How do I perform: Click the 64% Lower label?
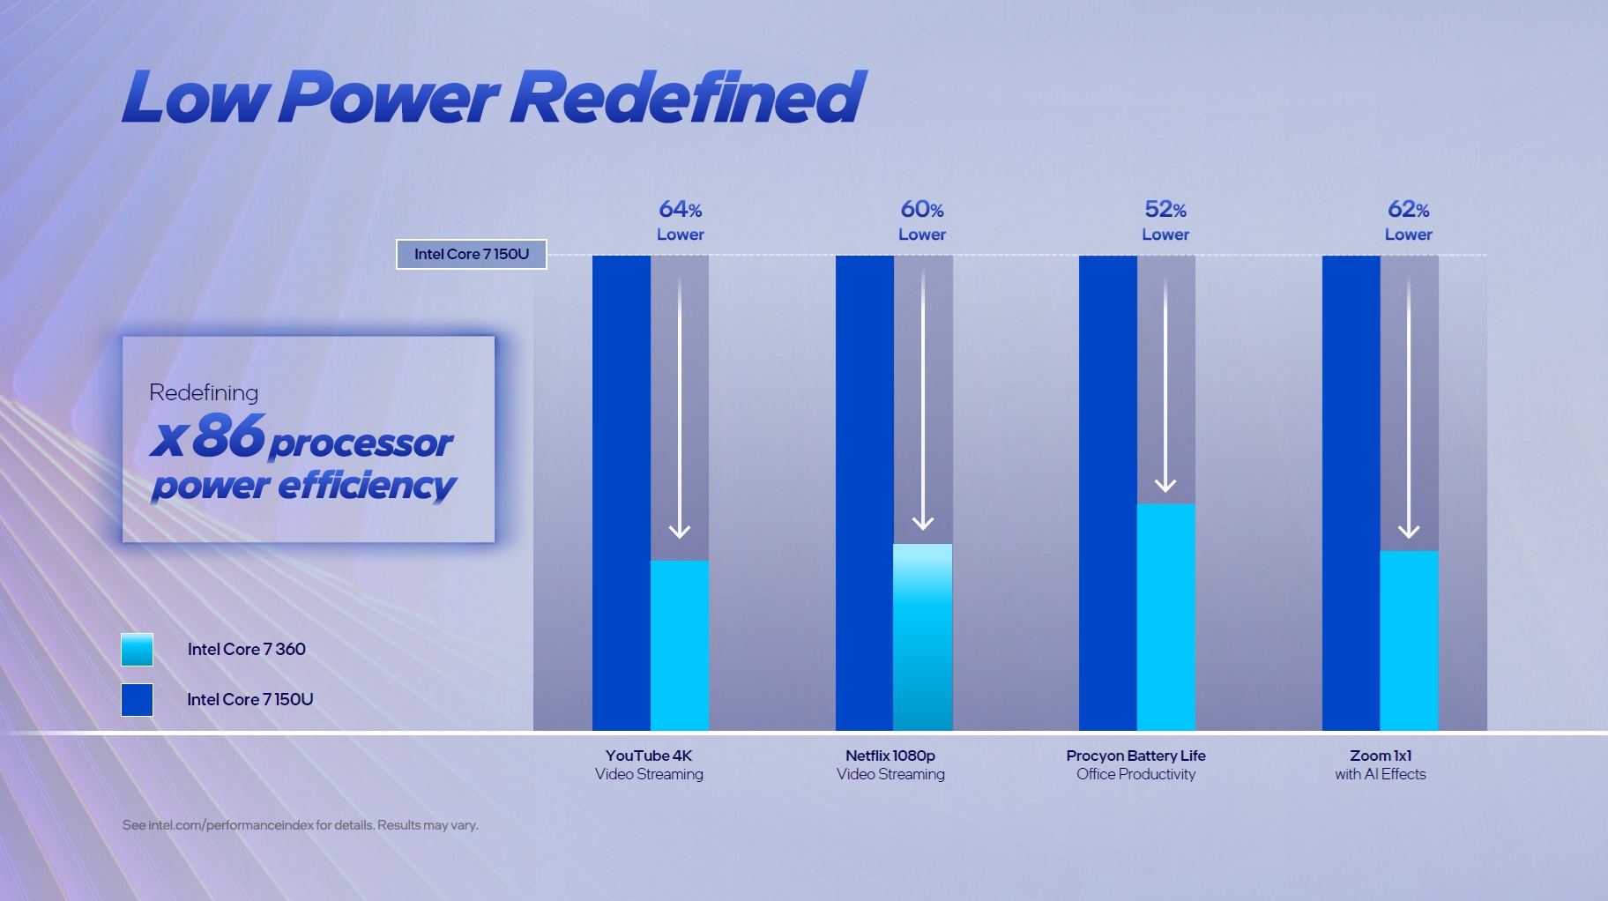[x=680, y=220]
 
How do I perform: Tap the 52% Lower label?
[x=1165, y=220]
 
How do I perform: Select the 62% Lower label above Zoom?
[x=1408, y=220]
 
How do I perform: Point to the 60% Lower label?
[x=922, y=220]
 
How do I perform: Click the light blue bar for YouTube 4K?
[x=680, y=645]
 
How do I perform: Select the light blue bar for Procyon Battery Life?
[x=1165, y=617]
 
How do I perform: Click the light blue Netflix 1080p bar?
[x=922, y=637]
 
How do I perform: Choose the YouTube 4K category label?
[x=649, y=764]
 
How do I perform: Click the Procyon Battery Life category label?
[x=1135, y=764]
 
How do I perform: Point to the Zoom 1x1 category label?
[x=1380, y=764]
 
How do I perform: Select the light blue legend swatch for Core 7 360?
[x=137, y=650]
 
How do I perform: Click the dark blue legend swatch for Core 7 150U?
[x=137, y=700]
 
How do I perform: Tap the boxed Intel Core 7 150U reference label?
[x=472, y=254]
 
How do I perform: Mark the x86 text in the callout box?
[x=208, y=436]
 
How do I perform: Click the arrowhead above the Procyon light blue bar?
[x=1165, y=485]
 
